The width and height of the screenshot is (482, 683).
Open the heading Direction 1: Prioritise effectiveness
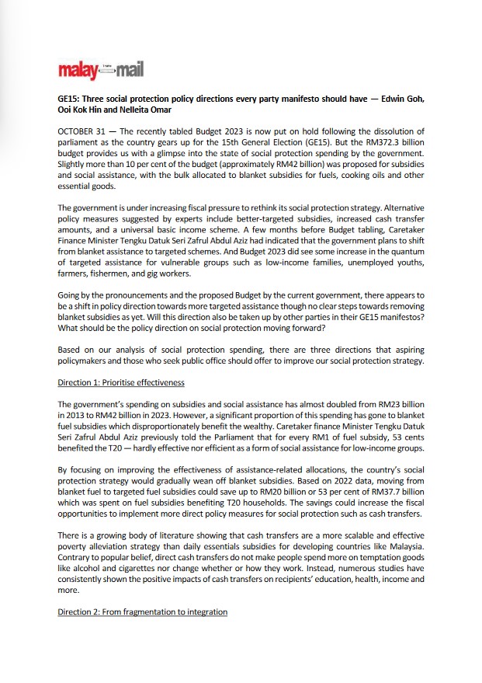(121, 383)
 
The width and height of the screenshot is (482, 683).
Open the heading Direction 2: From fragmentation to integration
(142, 612)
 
